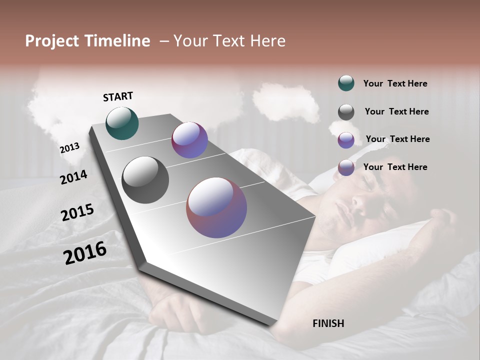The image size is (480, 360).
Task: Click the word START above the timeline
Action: click(118, 96)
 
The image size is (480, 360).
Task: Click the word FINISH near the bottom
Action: click(328, 323)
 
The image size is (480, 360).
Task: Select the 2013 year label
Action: click(69, 148)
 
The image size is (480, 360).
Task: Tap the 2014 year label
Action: click(73, 177)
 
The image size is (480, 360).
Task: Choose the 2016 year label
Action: click(84, 253)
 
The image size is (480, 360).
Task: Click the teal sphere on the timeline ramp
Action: click(122, 123)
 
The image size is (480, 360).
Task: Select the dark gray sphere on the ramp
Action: click(145, 180)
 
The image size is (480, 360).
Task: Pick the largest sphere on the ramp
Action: click(216, 207)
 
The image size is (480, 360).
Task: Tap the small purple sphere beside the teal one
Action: click(189, 140)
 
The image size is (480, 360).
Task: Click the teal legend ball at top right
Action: click(346, 83)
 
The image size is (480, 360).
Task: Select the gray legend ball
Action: click(346, 111)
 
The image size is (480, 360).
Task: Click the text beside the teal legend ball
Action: click(395, 83)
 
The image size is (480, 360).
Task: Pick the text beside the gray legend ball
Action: click(396, 111)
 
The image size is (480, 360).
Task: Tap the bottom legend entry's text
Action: click(395, 167)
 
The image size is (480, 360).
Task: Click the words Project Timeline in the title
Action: click(87, 41)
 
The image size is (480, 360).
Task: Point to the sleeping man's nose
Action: click(359, 201)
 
